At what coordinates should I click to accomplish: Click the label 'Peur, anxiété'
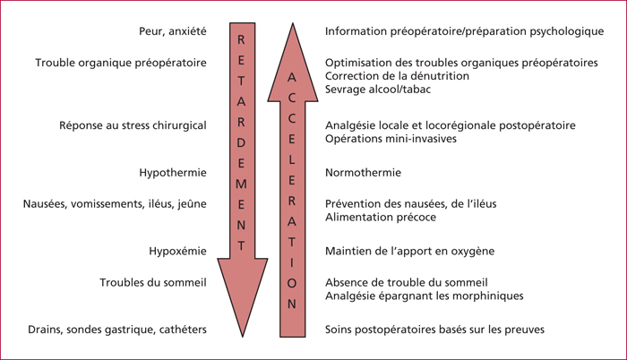point(173,31)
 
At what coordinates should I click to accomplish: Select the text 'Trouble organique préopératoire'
point(121,64)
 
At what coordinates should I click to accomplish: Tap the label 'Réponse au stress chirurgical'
point(133,125)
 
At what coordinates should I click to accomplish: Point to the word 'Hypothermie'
point(173,173)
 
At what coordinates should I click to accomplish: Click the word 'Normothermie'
point(363,173)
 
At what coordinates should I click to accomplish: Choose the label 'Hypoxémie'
point(177,252)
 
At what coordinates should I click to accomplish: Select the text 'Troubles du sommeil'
point(153,283)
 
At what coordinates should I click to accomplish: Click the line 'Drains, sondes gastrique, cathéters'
point(117,330)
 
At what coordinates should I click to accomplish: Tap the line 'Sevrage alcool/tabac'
point(378,90)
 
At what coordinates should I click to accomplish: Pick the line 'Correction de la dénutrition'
point(397,76)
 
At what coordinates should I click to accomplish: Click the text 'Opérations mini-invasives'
point(391,139)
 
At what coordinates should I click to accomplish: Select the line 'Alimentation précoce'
point(381,218)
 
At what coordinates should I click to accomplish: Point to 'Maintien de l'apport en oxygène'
point(410,252)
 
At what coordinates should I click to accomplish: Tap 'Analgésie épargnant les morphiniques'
point(425,296)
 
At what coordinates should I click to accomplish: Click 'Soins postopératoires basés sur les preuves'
point(434,330)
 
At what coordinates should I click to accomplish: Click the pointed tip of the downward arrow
point(243,337)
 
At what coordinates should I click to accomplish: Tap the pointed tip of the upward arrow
point(293,23)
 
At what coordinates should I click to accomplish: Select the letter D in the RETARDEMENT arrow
point(241,142)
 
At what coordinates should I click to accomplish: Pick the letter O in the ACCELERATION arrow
point(292,283)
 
